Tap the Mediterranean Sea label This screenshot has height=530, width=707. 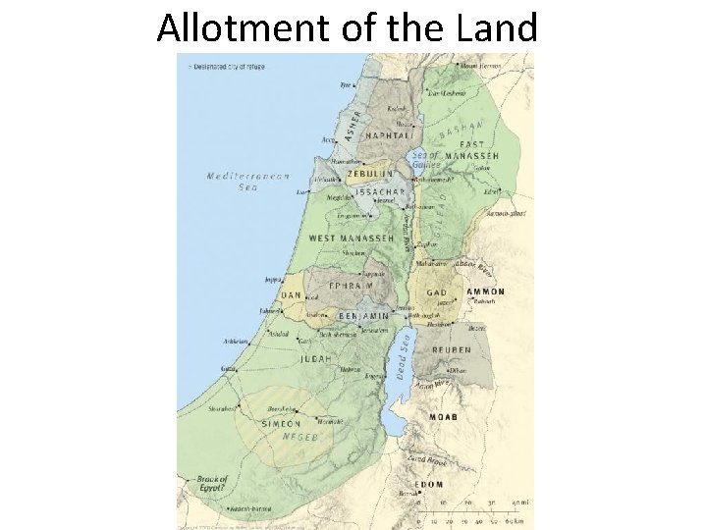248,182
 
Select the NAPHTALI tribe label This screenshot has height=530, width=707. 389,135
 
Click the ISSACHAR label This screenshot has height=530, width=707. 381,191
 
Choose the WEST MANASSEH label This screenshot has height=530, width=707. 352,238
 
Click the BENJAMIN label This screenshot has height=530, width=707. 364,317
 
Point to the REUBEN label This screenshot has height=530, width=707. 450,349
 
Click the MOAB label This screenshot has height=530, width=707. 444,417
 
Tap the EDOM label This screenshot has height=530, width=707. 429,484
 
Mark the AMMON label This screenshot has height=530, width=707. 485,291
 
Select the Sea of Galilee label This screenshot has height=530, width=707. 424,160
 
